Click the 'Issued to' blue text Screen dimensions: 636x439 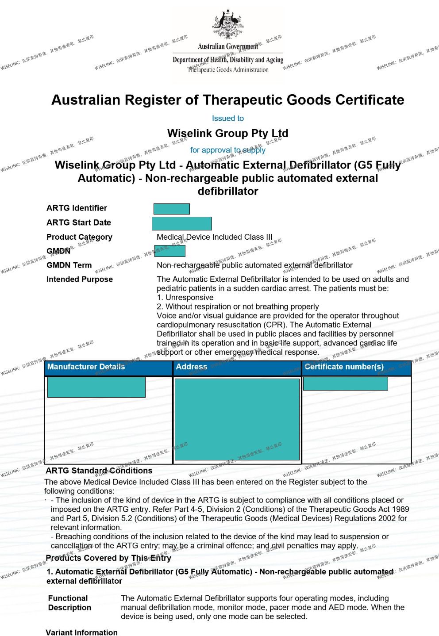(x=228, y=119)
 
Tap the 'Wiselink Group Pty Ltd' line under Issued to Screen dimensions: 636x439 (x=228, y=133)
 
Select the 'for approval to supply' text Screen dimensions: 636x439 (x=228, y=150)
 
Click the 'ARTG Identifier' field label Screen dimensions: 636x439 (x=77, y=208)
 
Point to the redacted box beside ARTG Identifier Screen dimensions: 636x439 (x=172, y=209)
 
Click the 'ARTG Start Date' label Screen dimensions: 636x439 (x=79, y=222)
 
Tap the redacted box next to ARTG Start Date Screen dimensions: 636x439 (x=182, y=223)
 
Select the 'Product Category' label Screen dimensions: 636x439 (x=79, y=237)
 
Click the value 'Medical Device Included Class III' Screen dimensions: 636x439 (x=215, y=237)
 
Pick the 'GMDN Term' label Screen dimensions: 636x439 (x=69, y=265)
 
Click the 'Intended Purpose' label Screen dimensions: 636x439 (x=80, y=280)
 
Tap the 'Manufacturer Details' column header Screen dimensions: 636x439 (x=86, y=367)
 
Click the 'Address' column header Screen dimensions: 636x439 (x=192, y=367)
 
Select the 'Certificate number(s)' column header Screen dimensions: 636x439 (x=344, y=367)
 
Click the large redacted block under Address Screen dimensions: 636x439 (x=237, y=419)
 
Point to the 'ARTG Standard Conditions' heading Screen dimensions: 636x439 (x=99, y=471)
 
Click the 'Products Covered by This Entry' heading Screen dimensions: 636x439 (x=108, y=558)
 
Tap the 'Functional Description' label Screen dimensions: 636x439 (x=69, y=603)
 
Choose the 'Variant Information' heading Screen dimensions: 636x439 (x=82, y=632)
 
